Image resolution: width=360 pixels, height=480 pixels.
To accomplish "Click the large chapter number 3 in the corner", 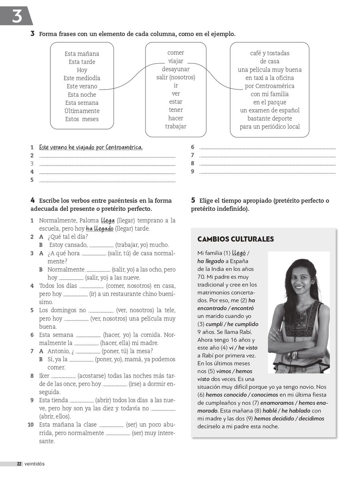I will (16, 16).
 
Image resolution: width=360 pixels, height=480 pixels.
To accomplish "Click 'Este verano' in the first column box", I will (82, 86).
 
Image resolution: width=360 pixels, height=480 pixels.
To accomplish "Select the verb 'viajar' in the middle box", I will (176, 61).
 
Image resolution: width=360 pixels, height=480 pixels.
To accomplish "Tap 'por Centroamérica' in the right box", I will (270, 86).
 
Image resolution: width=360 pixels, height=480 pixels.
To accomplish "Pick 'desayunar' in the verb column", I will (176, 69).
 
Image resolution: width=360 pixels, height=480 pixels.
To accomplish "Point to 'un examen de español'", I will (270, 110).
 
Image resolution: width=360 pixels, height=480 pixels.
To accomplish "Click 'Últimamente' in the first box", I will (82, 111).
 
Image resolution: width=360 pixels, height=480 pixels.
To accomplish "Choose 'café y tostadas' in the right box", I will (270, 53).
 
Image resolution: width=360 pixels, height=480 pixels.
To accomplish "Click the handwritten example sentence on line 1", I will (91, 147).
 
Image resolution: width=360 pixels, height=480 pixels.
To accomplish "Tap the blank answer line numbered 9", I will (267, 172).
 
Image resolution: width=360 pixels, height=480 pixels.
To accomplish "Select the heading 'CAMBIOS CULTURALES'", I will (236, 239).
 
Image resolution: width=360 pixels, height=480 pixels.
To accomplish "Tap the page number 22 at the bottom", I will (19, 464).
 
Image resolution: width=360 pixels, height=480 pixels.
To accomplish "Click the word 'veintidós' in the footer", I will (34, 464).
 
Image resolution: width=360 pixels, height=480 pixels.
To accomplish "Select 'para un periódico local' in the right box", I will (270, 127).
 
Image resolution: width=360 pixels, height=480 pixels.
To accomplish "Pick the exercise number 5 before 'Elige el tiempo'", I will (193, 200).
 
